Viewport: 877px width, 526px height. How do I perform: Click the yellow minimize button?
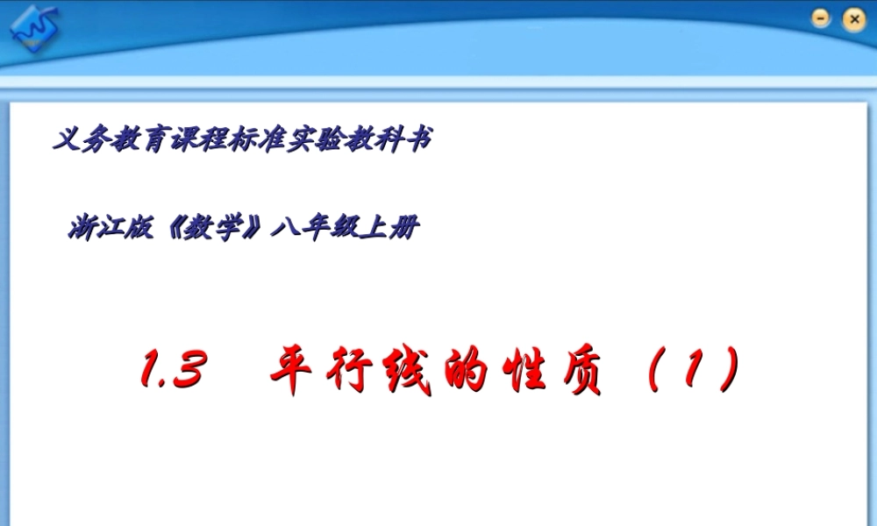tap(821, 18)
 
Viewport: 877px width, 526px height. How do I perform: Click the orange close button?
tap(852, 18)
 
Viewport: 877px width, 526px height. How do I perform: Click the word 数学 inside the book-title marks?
tap(215, 230)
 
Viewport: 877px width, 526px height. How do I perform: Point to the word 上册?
tap(392, 230)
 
